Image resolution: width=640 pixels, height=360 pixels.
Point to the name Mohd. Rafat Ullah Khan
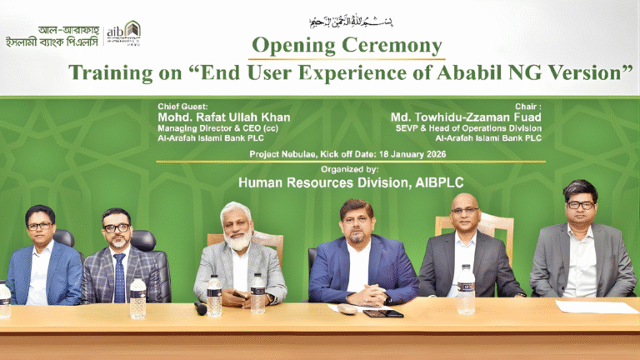[x=224, y=117]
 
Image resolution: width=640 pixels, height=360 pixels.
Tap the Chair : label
[x=529, y=107]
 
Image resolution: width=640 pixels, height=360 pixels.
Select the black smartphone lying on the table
[x=382, y=313]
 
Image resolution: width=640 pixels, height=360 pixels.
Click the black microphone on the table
[x=201, y=308]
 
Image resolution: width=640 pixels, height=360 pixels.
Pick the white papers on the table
[x=596, y=307]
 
